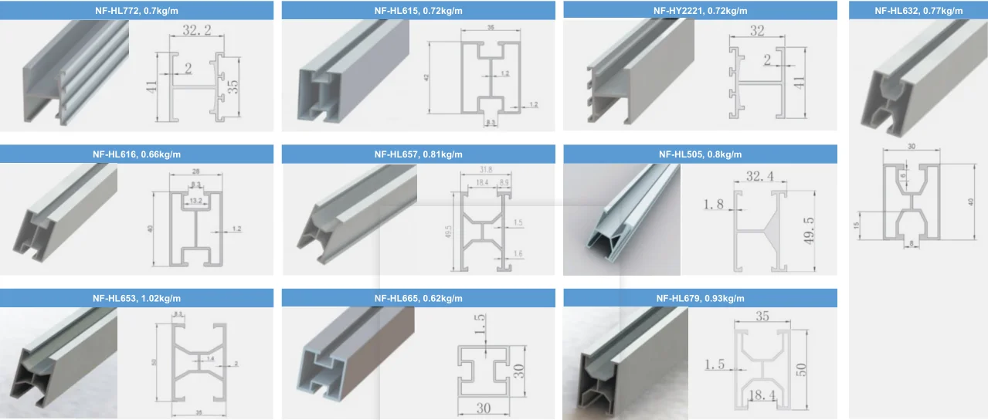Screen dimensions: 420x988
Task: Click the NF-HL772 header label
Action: tap(137, 11)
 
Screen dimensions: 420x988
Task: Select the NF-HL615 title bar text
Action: tap(418, 11)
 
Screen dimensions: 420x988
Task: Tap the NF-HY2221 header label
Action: tap(700, 11)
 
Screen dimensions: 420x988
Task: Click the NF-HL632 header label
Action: tap(918, 11)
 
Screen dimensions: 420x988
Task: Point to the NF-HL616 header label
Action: tap(137, 154)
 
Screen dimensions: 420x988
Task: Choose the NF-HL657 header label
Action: tap(418, 154)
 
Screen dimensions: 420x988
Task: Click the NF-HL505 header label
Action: tap(700, 154)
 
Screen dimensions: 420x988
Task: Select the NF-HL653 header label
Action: tap(137, 298)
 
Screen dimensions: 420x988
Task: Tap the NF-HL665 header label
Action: tap(418, 298)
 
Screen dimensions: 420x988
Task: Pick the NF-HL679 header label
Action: tap(700, 298)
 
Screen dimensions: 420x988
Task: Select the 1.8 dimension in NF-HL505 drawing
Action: tap(714, 205)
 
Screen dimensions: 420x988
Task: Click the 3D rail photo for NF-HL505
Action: tap(622, 220)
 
